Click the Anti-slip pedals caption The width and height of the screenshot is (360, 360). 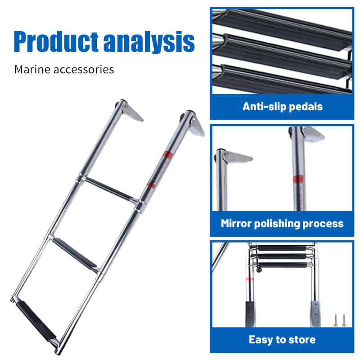282,107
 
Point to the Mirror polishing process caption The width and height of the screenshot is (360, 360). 282,223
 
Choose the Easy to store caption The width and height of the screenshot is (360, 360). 282,339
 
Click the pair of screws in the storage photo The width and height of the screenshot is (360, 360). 338,320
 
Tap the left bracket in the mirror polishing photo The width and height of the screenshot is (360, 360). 236,157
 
